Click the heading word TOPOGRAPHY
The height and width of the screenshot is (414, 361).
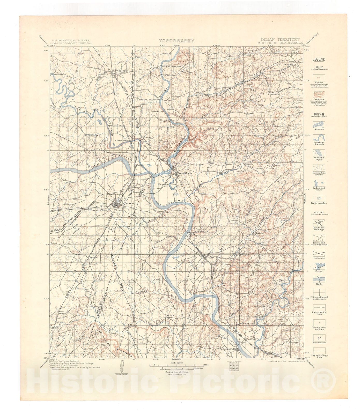point(176,41)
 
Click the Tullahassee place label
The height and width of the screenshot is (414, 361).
point(93,135)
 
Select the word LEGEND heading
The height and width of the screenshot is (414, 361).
point(319,59)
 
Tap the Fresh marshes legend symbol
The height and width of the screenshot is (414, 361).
point(319,198)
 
